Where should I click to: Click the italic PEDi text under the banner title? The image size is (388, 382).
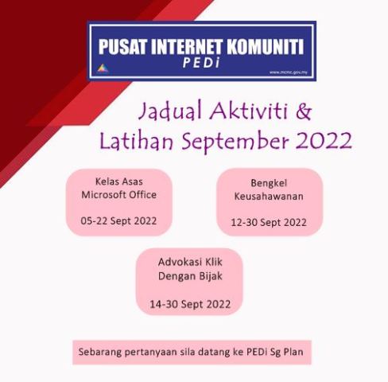(202, 64)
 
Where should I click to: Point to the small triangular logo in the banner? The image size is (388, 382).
(101, 68)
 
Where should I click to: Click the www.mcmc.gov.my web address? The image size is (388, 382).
(289, 72)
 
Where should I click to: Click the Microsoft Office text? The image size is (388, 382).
(119, 194)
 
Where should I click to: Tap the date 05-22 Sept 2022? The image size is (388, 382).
(119, 220)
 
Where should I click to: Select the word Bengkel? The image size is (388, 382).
(269, 182)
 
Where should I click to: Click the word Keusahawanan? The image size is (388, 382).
(269, 196)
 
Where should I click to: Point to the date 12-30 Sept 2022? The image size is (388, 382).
(269, 222)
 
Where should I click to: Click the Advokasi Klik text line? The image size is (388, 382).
(189, 262)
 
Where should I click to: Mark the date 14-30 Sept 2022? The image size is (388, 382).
(190, 304)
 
